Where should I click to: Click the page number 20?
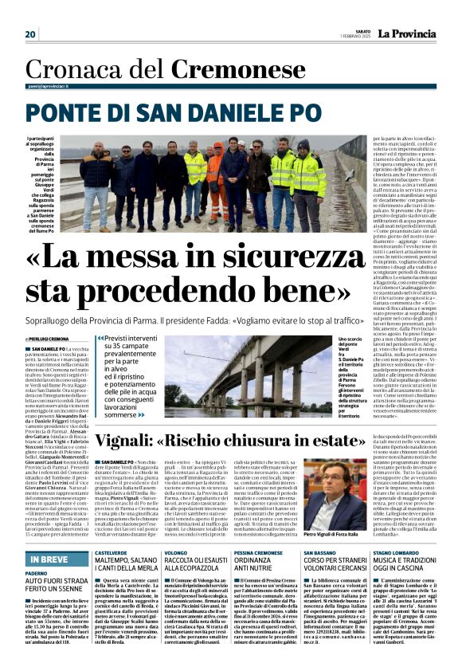[31, 34]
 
